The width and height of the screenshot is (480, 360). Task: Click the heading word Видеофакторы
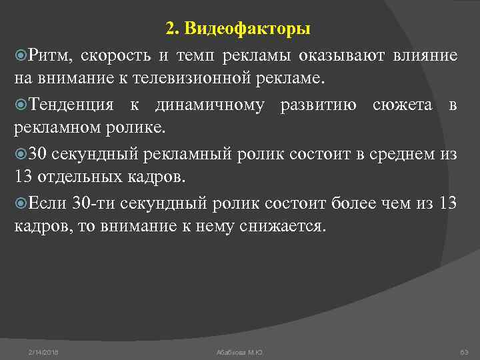coord(248,29)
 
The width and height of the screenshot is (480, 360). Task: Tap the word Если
coord(45,203)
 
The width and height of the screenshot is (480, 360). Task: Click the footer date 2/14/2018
coord(43,351)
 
